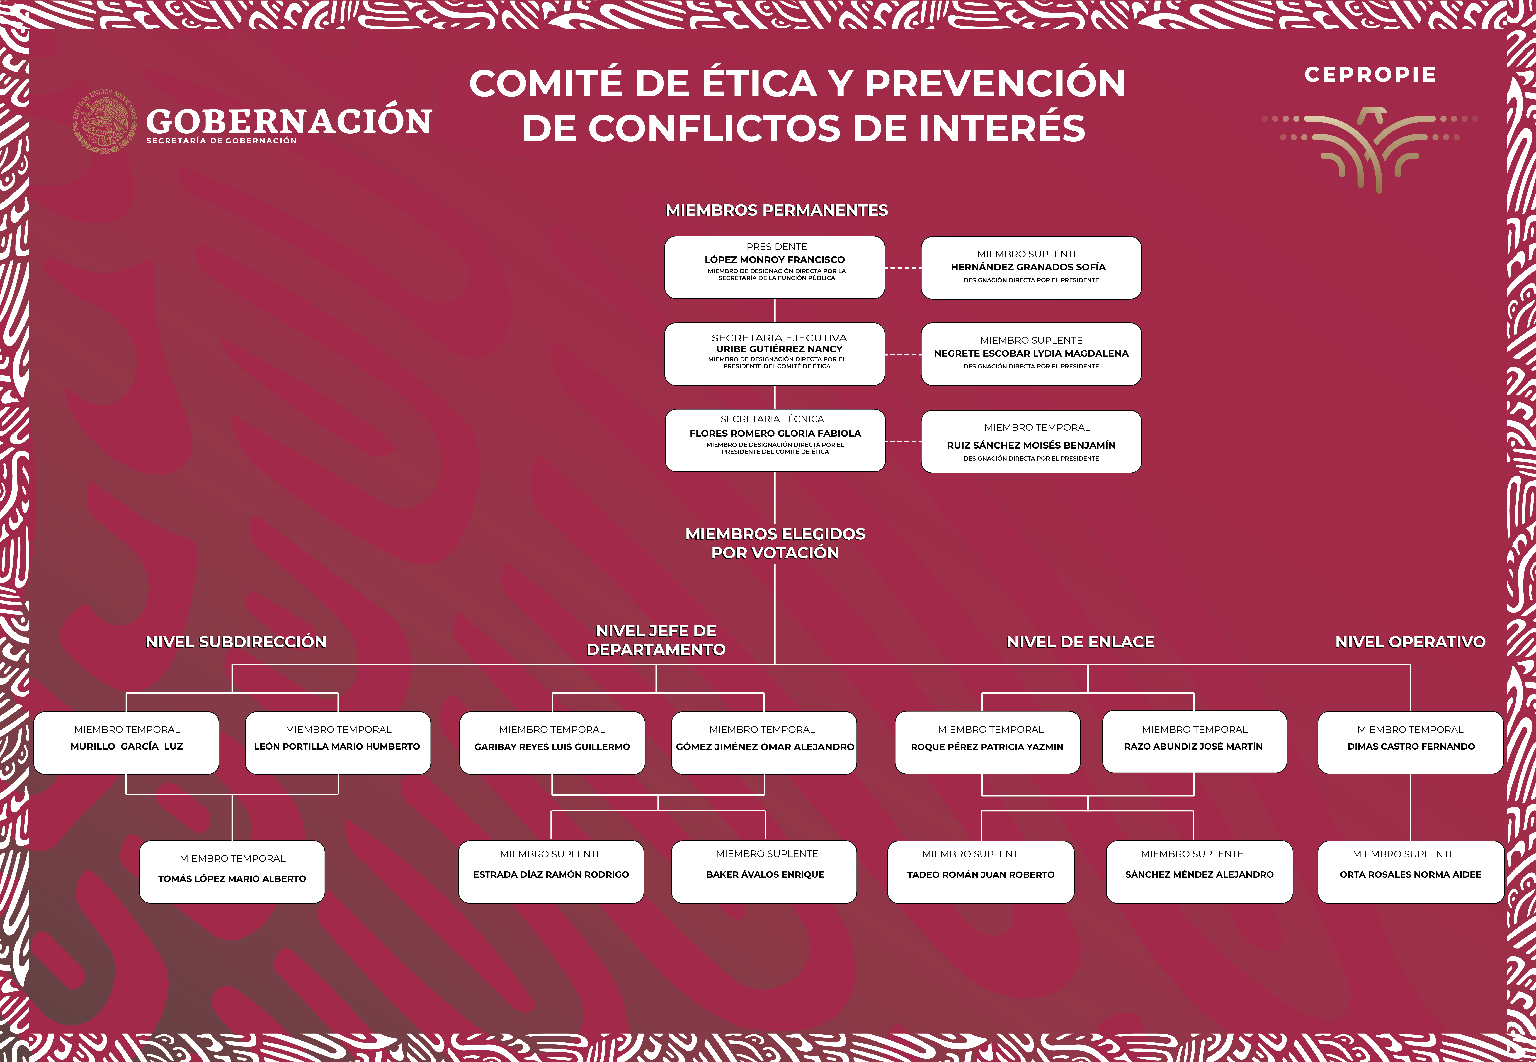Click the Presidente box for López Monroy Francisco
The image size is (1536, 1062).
click(774, 268)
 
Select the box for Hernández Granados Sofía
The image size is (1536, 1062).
click(1031, 268)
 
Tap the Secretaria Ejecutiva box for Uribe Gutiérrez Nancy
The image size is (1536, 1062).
click(774, 354)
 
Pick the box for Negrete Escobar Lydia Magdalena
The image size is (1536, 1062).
click(1031, 354)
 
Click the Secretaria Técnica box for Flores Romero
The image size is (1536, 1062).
click(775, 441)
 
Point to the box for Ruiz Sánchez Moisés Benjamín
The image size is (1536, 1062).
click(1031, 441)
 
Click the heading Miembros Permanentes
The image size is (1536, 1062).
click(776, 210)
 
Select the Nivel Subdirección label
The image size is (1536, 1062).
click(236, 642)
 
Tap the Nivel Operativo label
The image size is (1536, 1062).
click(1410, 642)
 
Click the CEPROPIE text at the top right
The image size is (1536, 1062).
click(1370, 75)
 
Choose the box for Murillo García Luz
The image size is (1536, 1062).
click(127, 743)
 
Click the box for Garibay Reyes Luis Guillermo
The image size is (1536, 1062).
click(552, 743)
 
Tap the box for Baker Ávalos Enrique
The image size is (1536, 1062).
click(764, 872)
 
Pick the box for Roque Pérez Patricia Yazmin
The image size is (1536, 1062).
click(987, 743)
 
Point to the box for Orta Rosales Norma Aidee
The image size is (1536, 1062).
click(1411, 872)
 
